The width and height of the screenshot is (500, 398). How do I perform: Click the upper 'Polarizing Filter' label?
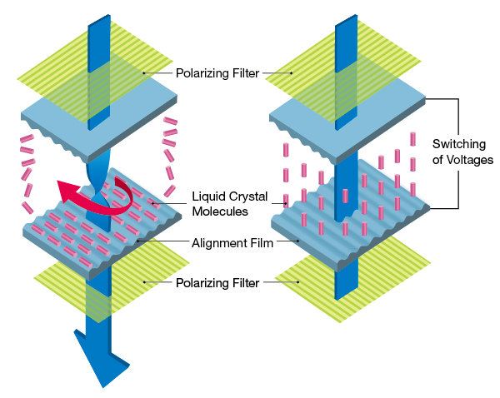[x=217, y=72]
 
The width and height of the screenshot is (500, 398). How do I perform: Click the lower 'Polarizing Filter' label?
[x=217, y=282]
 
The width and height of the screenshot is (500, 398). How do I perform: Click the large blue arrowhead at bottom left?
[x=101, y=359]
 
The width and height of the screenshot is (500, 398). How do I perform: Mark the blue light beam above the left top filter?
[x=99, y=29]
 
